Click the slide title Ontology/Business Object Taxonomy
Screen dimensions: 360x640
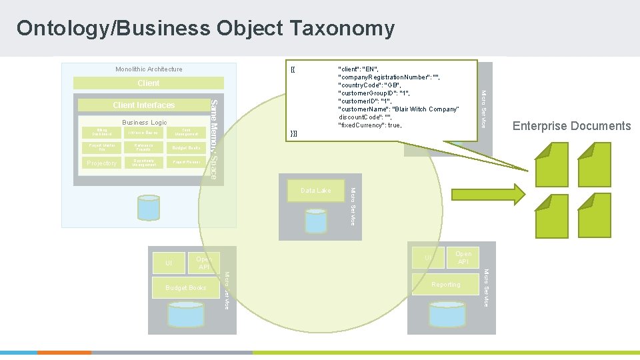pyautogui.click(x=205, y=29)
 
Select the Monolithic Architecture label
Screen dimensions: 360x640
pyautogui.click(x=149, y=69)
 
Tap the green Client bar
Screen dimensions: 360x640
pyautogui.click(x=148, y=83)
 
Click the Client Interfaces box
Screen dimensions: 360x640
pyautogui.click(x=143, y=105)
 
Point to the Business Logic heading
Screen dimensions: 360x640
pyautogui.click(x=144, y=123)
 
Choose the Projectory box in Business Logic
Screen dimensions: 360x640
pyautogui.click(x=102, y=163)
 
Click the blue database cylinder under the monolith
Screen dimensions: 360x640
pyautogui.click(x=148, y=208)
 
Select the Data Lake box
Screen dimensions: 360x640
pyautogui.click(x=315, y=191)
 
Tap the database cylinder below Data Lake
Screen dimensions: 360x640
pyautogui.click(x=315, y=220)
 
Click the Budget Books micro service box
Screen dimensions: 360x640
pyautogui.click(x=186, y=288)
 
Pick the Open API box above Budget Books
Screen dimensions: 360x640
pyautogui.click(x=204, y=263)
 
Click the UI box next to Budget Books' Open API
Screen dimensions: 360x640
pyautogui.click(x=169, y=263)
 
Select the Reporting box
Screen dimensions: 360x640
pyautogui.click(x=446, y=285)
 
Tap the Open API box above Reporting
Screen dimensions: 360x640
pyautogui.click(x=463, y=257)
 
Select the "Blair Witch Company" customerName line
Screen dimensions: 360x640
pyautogui.click(x=399, y=109)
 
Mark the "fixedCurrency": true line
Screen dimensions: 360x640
pyautogui.click(x=370, y=125)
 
